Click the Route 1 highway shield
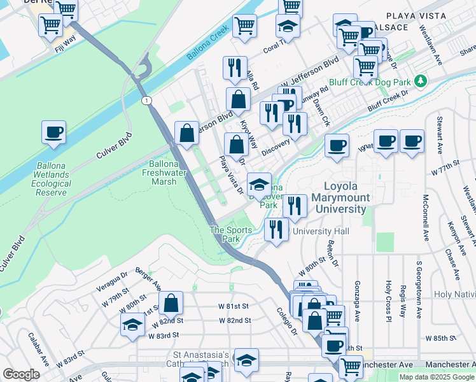pyautogui.click(x=147, y=101)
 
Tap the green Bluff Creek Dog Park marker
pyautogui.click(x=420, y=81)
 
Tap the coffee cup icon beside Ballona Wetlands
pyautogui.click(x=53, y=132)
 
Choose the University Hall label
pyautogui.click(x=321, y=231)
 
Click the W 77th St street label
pyautogui.click(x=453, y=172)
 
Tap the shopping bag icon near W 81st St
pyautogui.click(x=171, y=302)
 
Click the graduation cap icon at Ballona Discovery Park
pyautogui.click(x=259, y=185)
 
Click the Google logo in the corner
pyautogui.click(x=21, y=374)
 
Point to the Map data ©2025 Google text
pyautogui.click(x=436, y=377)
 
